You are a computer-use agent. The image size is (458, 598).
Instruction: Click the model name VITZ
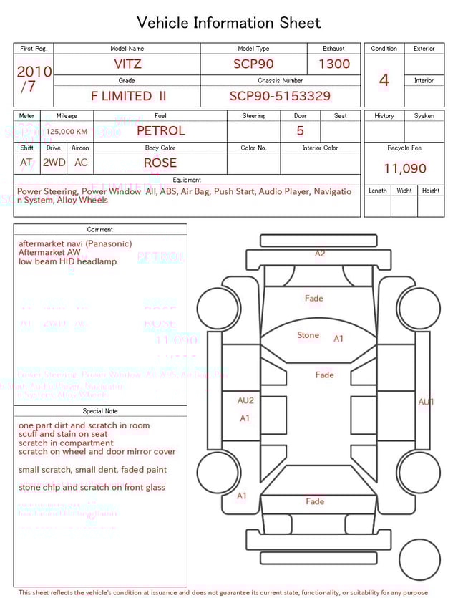(x=127, y=64)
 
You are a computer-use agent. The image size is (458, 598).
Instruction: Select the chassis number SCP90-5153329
(x=280, y=96)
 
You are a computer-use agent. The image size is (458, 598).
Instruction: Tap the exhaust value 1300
(x=334, y=64)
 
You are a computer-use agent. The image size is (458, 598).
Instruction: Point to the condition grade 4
(x=384, y=80)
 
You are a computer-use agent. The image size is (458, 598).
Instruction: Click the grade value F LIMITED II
(x=129, y=96)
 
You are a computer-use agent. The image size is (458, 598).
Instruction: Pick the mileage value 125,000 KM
(x=67, y=132)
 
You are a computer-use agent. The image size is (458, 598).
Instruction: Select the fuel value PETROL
(x=160, y=131)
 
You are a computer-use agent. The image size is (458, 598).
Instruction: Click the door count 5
(x=300, y=131)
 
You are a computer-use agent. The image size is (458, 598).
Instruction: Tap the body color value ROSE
(x=160, y=163)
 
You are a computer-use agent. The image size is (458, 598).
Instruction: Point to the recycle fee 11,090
(x=404, y=169)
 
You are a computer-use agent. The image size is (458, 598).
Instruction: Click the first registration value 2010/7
(x=34, y=79)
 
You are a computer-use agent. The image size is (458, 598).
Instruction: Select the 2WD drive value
(x=54, y=163)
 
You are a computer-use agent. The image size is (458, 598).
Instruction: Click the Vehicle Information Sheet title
(x=229, y=23)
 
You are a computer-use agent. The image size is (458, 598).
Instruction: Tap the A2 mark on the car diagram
(x=320, y=254)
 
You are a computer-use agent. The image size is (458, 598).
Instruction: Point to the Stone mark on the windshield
(x=308, y=335)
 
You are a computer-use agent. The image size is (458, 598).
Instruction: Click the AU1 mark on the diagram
(x=426, y=402)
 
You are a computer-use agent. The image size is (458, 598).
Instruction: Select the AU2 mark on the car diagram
(x=245, y=400)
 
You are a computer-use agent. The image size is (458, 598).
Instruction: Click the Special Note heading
(x=100, y=411)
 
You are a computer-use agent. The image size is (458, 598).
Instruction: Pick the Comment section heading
(x=100, y=230)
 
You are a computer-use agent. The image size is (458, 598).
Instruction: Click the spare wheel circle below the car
(x=419, y=559)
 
